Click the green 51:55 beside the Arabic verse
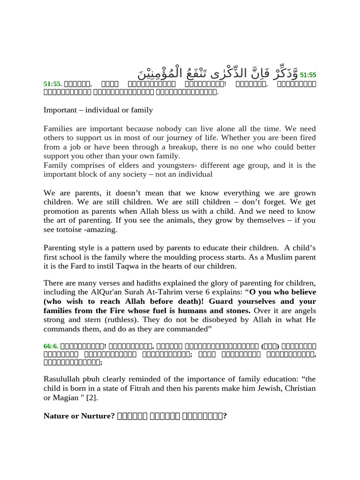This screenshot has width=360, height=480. point(308,75)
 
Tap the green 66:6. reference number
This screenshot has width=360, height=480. point(51,346)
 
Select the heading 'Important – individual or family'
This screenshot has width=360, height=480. point(98,110)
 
